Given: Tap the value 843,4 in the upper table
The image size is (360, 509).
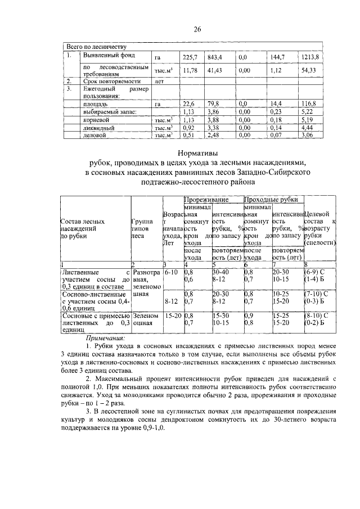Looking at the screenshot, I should coord(215,57).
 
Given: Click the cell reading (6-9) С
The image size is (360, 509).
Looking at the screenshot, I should coord(314,272).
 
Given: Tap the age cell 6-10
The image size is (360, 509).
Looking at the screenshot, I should coord(171,272).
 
